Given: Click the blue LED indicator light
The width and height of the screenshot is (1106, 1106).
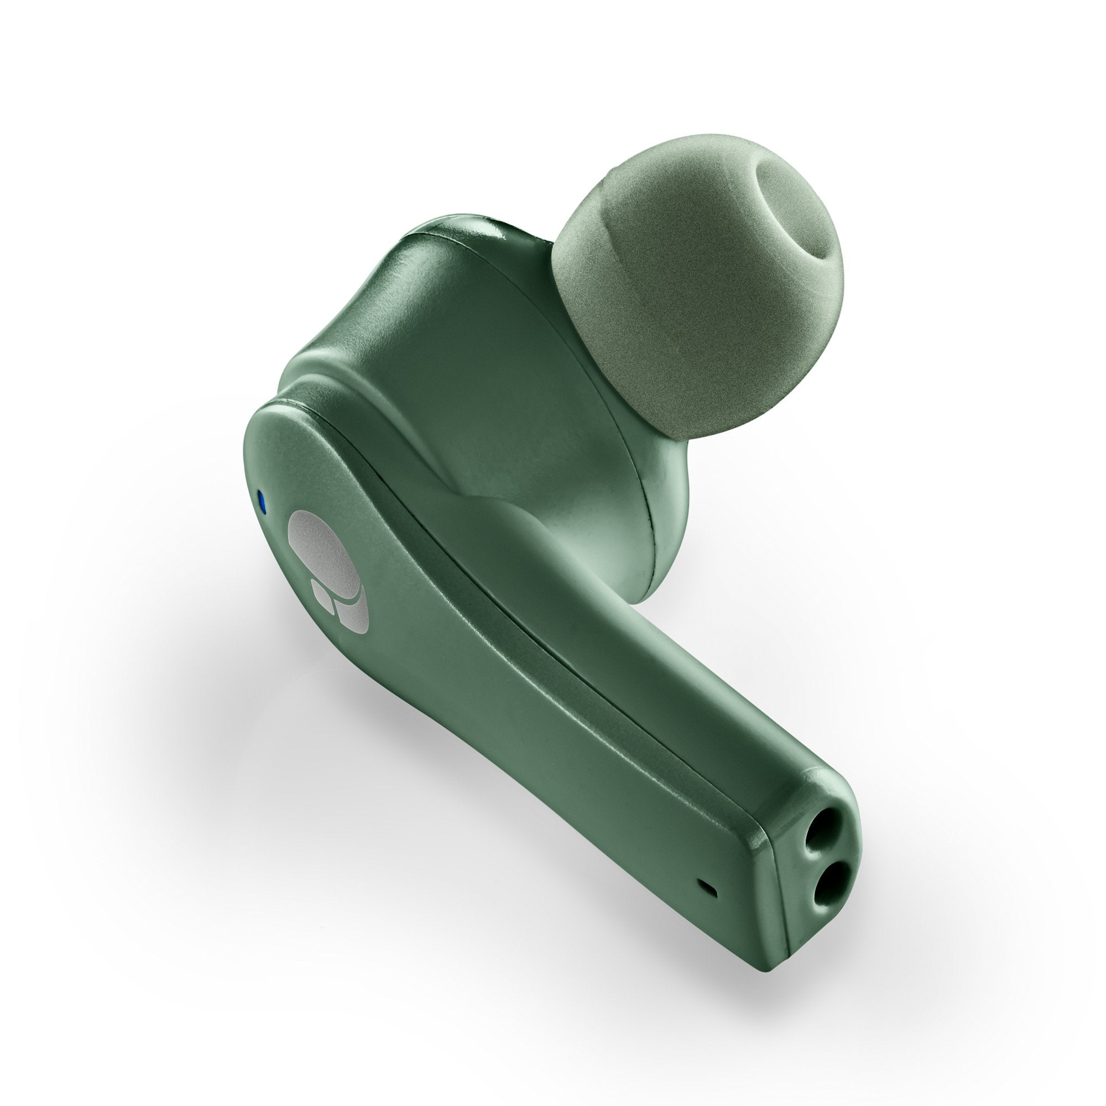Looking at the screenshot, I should (262, 504).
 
